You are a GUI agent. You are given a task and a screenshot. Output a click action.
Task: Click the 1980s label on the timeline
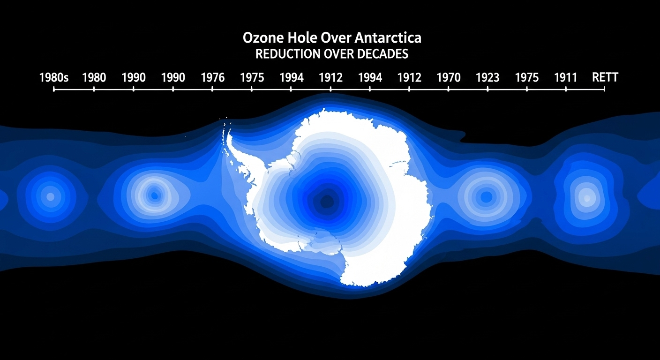[54, 77]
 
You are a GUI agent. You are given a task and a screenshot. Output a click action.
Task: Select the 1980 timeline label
[94, 77]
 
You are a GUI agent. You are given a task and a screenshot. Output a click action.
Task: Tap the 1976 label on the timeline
[213, 77]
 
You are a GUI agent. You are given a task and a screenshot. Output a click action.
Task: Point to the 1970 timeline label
[449, 77]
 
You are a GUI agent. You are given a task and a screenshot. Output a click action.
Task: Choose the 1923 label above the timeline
[487, 77]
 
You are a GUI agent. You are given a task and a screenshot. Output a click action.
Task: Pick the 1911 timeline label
[565, 77]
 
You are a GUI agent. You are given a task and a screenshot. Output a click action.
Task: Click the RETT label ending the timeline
[605, 77]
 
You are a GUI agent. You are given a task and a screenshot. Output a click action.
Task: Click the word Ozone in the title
[262, 38]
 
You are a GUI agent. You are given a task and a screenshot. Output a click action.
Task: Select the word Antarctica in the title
[388, 38]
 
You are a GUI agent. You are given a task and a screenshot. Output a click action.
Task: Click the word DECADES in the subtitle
[383, 54]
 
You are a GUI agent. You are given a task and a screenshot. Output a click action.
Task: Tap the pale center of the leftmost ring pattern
[50, 197]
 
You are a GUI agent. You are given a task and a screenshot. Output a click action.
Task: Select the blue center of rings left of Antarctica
[154, 195]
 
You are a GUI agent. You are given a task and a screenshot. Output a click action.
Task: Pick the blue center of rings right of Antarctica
[487, 197]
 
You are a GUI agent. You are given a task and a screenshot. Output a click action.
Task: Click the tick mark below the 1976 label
[212, 89]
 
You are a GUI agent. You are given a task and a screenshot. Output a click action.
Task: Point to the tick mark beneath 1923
[487, 89]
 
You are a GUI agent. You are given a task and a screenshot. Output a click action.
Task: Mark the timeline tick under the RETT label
[604, 89]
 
